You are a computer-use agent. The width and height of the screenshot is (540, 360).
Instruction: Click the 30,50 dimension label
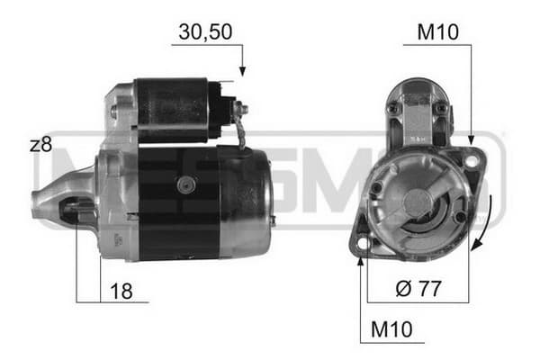click(205, 32)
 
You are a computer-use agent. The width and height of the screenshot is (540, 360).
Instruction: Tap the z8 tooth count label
click(41, 145)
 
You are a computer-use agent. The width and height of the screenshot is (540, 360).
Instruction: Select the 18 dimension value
click(121, 291)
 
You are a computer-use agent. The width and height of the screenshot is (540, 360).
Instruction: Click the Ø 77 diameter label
click(418, 288)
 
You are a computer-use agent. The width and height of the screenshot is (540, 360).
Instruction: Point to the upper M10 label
click(437, 32)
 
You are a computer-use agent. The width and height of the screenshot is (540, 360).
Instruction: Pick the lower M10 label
click(391, 329)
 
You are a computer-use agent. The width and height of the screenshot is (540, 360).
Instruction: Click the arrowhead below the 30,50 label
click(242, 71)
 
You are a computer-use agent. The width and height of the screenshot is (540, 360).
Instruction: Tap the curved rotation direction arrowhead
click(475, 245)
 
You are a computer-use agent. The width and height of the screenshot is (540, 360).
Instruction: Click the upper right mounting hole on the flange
click(471, 161)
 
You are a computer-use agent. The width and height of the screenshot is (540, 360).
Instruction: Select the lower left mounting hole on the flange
click(363, 243)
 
